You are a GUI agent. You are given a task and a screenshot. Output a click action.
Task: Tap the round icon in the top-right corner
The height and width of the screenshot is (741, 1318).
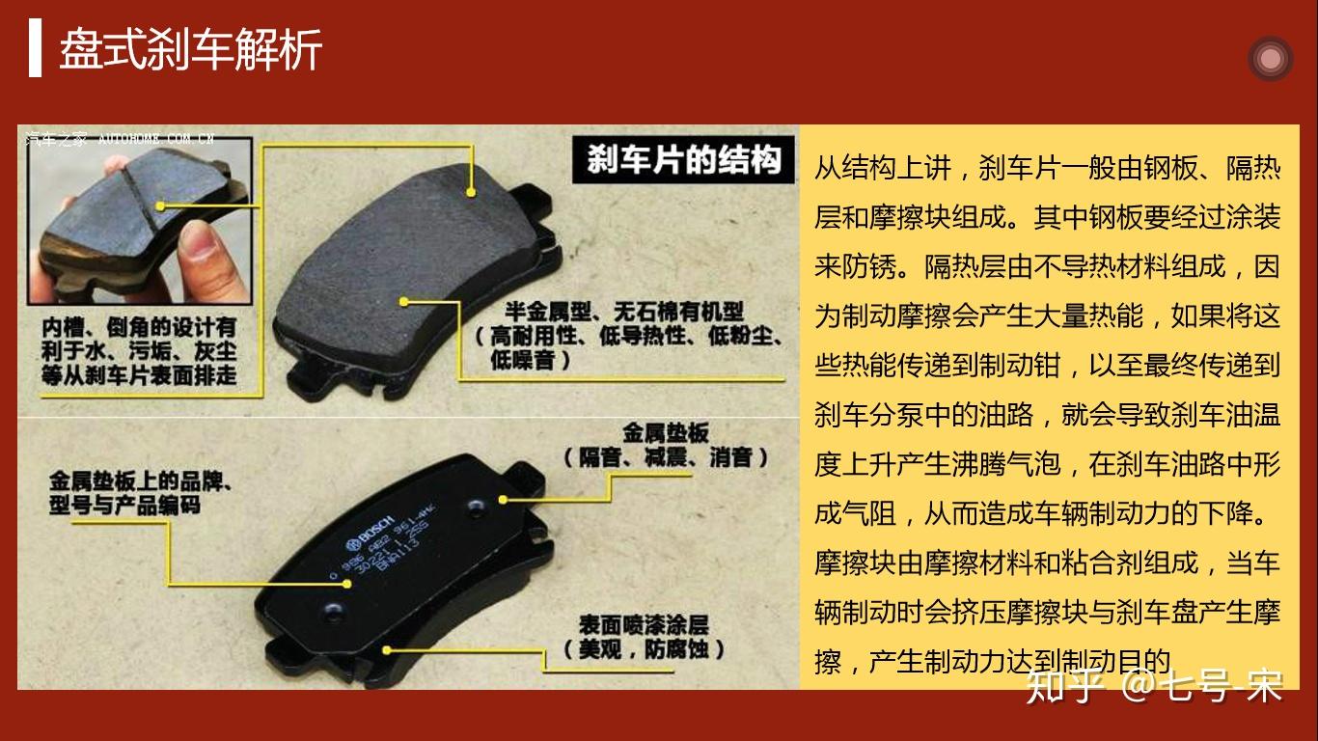point(1269,59)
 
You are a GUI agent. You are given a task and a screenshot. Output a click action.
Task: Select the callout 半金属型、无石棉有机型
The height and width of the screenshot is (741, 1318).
point(624,312)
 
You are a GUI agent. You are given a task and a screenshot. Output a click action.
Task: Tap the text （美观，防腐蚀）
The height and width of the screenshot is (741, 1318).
point(644,648)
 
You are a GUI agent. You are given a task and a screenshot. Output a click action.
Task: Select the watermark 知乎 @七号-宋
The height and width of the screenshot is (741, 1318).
point(1154,686)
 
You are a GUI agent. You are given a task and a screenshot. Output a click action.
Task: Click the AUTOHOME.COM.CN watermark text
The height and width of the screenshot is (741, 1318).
point(154,138)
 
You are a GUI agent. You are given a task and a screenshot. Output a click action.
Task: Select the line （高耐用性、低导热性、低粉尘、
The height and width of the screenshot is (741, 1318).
point(627,336)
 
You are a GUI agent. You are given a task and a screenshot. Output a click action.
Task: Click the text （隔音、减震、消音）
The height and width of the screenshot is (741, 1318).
point(665,456)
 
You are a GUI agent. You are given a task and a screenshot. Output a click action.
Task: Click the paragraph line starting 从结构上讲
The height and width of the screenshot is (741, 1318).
point(1047,168)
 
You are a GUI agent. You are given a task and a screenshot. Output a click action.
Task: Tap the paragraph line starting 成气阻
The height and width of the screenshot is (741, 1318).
point(1047,513)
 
